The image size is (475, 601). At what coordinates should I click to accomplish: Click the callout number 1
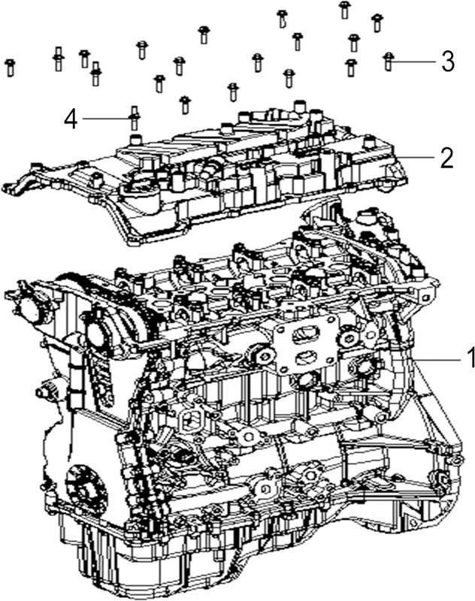470,358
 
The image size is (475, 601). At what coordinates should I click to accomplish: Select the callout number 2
447,157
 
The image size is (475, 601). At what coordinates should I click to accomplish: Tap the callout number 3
448,62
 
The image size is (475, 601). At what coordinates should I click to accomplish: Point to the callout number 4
71,119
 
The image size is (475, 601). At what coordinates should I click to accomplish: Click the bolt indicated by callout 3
389,62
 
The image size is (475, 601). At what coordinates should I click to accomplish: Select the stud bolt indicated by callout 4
134,117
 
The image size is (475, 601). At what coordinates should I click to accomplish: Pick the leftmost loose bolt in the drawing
11,68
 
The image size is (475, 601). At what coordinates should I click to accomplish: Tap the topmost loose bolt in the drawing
344,10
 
